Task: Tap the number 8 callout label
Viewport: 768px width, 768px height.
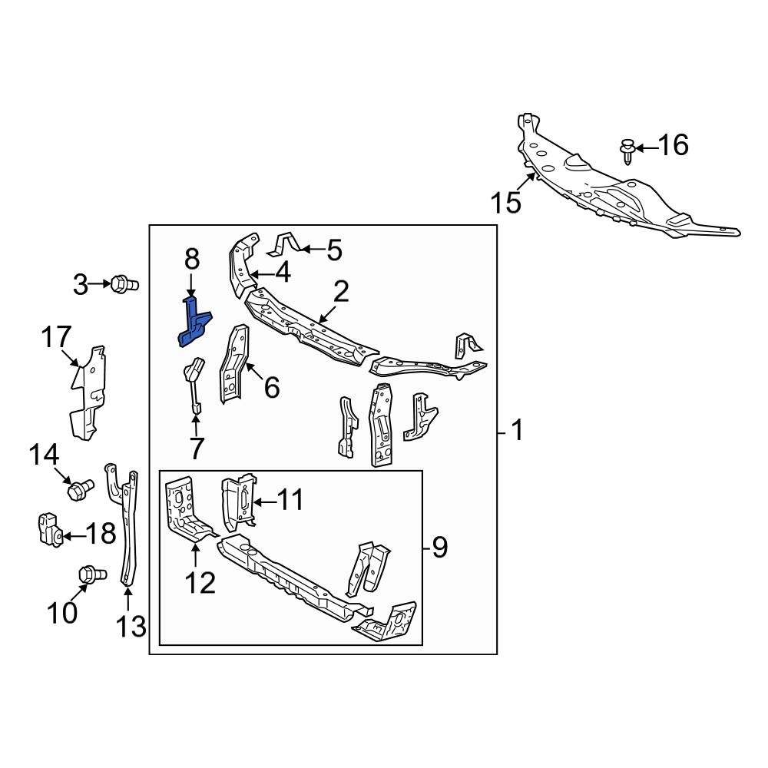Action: point(191,260)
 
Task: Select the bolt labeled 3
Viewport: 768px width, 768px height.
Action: point(121,284)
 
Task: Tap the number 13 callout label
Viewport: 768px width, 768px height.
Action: point(131,626)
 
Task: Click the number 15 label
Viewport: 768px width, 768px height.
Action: point(506,203)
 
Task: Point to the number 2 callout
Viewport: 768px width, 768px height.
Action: point(341,291)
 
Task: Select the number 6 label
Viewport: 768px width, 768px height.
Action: point(271,388)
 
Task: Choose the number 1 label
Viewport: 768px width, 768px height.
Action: point(517,431)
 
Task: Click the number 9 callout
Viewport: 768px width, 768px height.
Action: point(439,548)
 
